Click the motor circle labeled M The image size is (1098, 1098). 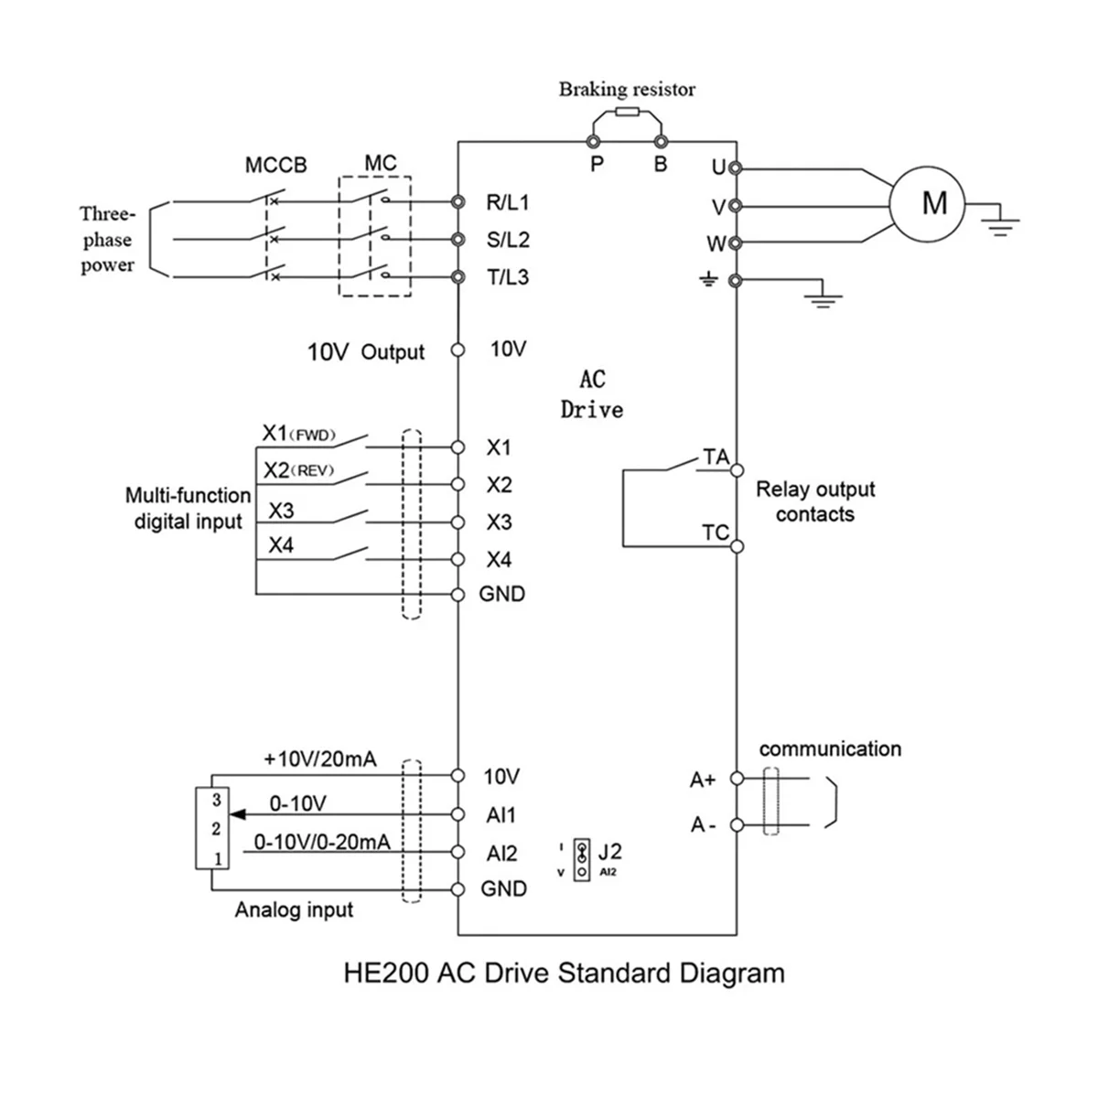coord(933,202)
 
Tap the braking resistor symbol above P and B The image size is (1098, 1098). coord(627,113)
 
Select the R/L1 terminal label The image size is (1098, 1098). coord(507,202)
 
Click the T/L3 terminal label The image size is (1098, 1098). coord(507,277)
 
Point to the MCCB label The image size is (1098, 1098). coord(275,166)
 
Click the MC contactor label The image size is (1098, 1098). coord(380,163)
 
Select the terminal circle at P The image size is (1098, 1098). coord(593,142)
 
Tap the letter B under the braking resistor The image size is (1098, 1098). coord(661,166)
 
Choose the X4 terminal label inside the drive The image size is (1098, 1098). coord(499,560)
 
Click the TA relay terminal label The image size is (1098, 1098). coord(715,457)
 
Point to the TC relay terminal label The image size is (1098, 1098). coord(715,533)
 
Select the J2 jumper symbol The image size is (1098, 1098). coord(581,860)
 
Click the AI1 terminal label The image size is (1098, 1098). coord(501,815)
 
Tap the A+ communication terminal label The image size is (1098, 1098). coord(702,780)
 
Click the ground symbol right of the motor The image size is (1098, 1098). coord(1002,222)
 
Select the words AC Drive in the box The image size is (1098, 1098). coord(592,395)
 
